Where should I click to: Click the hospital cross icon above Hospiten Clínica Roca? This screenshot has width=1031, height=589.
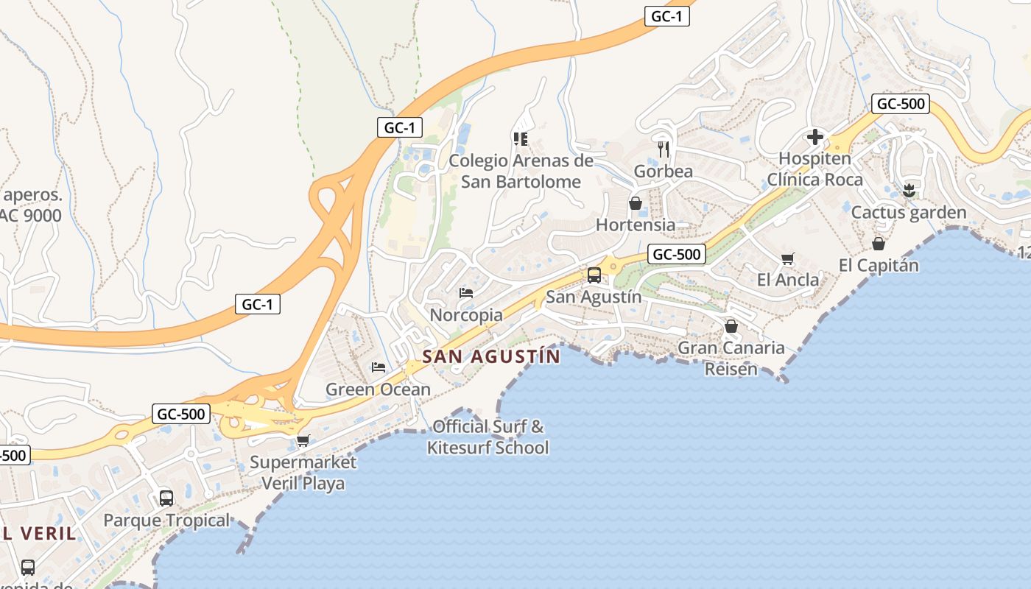tap(814, 137)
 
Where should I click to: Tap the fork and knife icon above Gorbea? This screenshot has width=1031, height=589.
tap(664, 149)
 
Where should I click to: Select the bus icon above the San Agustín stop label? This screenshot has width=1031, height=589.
tap(594, 275)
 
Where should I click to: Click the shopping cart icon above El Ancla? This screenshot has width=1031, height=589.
tap(787, 258)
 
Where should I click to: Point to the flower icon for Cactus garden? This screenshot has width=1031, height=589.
tap(909, 191)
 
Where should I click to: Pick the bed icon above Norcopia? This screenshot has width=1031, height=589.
tap(465, 293)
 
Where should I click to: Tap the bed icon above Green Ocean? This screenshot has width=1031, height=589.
tap(378, 367)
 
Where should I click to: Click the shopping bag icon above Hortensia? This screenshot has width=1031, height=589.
tap(635, 203)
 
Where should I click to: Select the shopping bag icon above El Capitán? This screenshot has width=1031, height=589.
tap(878, 243)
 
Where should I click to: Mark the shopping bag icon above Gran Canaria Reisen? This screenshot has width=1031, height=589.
tap(731, 325)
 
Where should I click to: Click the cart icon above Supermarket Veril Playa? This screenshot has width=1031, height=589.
tap(302, 441)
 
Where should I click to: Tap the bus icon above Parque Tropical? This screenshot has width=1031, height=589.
tap(166, 498)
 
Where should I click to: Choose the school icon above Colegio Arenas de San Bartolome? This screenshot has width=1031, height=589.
tap(520, 138)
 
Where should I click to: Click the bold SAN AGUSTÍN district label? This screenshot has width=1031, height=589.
tap(491, 357)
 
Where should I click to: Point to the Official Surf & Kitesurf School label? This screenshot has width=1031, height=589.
tap(488, 437)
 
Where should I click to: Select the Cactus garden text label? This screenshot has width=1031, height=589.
tap(908, 213)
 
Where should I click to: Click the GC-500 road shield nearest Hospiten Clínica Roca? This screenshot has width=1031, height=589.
tap(900, 104)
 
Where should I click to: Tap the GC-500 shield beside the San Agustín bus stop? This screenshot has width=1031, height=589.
tap(677, 255)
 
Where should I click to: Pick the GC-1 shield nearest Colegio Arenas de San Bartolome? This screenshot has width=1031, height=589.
tap(400, 127)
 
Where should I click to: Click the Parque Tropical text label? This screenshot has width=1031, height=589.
tap(166, 521)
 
